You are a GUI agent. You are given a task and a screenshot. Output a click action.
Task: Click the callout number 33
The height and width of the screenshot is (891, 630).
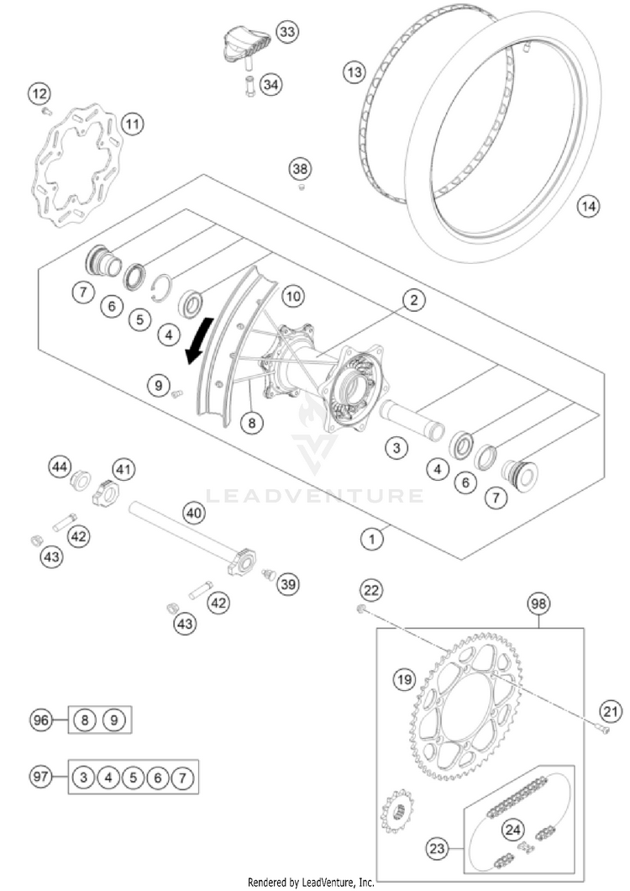287,33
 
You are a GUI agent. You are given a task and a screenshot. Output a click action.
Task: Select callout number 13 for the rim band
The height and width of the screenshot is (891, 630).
354,73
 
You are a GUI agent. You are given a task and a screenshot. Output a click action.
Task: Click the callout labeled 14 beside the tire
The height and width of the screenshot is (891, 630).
589,205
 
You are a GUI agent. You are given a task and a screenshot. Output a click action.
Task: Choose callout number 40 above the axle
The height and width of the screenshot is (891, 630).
194,511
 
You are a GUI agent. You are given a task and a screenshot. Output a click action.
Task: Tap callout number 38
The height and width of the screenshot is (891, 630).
300,169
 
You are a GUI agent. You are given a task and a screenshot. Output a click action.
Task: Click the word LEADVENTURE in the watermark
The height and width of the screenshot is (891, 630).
314,495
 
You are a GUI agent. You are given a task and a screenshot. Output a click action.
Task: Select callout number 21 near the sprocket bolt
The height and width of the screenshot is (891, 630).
612,713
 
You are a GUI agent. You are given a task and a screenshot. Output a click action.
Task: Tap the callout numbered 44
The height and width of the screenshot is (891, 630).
60,466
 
